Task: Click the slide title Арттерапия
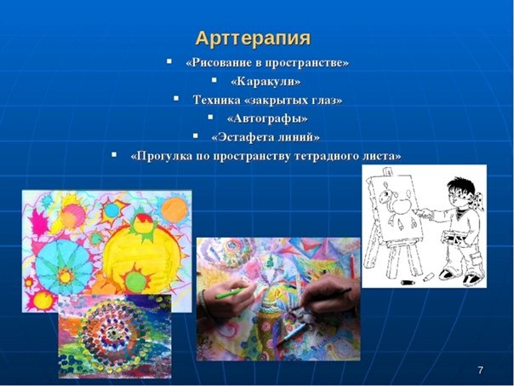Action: click(x=253, y=38)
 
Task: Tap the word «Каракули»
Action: click(x=266, y=82)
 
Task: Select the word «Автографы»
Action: click(x=267, y=118)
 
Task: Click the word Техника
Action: click(x=216, y=100)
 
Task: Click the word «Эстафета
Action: click(x=240, y=137)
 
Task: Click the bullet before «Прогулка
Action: click(x=114, y=154)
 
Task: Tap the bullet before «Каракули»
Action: click(x=214, y=80)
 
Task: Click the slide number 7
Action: click(x=480, y=371)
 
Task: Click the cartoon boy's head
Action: click(x=461, y=192)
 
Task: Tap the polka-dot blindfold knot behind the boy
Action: click(x=479, y=201)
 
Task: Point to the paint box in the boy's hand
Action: click(x=453, y=238)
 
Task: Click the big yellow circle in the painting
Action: click(x=141, y=253)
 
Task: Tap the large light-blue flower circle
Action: click(x=65, y=267)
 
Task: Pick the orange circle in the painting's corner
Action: click(x=174, y=210)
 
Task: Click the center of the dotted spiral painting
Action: click(x=114, y=334)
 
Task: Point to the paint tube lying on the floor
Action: click(x=408, y=282)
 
